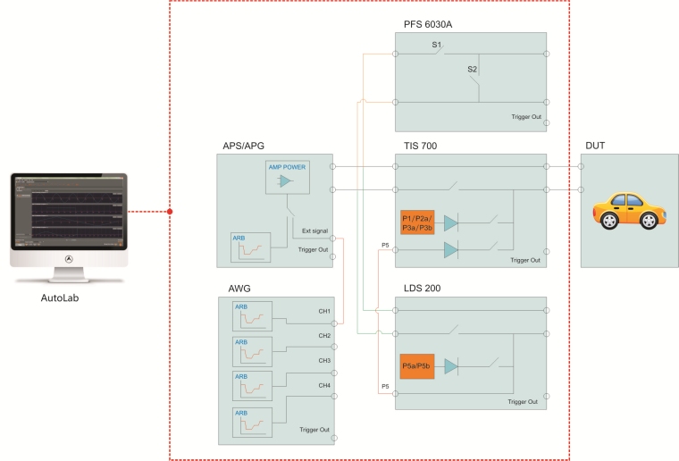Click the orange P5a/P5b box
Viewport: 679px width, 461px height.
coord(417,366)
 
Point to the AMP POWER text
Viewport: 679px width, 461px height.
coord(285,167)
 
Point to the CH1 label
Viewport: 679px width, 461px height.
coord(324,312)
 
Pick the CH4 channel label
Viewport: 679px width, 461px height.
coord(324,384)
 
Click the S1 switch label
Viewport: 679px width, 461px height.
coord(437,45)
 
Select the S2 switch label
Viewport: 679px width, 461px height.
coord(473,68)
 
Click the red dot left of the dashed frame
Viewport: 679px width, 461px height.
coord(170,213)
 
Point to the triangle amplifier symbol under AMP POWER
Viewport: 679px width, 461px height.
coord(284,181)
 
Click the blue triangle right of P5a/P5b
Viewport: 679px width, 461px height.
coord(451,366)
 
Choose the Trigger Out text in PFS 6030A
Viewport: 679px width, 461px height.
coord(525,116)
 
